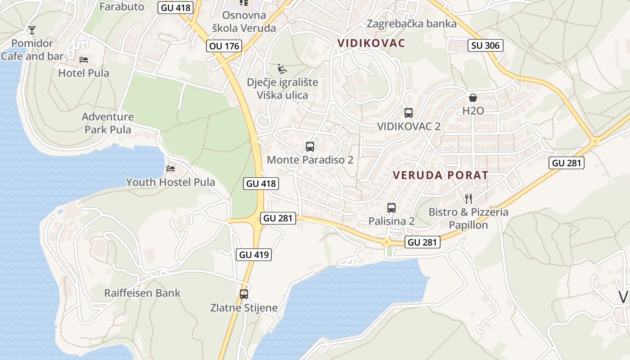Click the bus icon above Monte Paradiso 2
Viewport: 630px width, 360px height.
pos(310,146)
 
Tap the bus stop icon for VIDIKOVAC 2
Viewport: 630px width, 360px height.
pos(408,113)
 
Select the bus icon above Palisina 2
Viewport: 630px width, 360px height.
pos(391,207)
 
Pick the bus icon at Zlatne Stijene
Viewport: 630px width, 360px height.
pos(244,294)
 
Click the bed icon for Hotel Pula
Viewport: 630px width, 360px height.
pos(84,59)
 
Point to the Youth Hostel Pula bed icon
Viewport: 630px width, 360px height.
pos(170,169)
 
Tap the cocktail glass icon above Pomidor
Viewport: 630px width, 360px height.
pos(32,30)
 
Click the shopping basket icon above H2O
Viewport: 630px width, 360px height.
pos(473,98)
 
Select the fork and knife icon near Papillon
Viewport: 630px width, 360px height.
pos(468,198)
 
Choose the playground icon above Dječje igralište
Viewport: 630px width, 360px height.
pos(282,69)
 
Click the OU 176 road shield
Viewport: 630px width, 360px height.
pos(225,45)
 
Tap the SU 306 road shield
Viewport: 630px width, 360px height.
pos(486,45)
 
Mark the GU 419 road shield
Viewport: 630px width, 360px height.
pos(254,254)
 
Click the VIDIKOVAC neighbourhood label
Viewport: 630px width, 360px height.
pos(371,43)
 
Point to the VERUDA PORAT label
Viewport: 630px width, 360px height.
pos(441,175)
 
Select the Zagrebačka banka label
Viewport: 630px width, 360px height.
pos(411,24)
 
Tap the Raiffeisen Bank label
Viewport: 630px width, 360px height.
pos(142,293)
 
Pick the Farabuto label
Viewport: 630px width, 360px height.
pos(121,7)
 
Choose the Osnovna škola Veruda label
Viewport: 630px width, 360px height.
pos(244,22)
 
